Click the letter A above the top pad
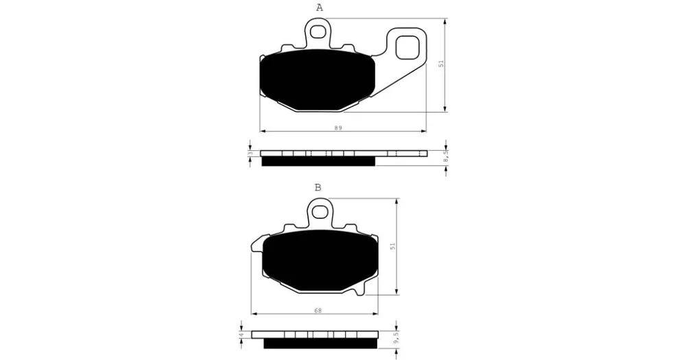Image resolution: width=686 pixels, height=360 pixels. (x=320, y=8)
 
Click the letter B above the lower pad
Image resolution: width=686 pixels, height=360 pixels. (x=318, y=188)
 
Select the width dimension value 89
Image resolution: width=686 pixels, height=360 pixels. (x=338, y=128)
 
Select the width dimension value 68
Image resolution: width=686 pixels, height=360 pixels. (x=318, y=311)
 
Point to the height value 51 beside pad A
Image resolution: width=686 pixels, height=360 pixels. (x=441, y=63)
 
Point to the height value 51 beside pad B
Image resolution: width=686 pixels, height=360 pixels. (x=393, y=246)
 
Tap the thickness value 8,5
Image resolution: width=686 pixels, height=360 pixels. (x=445, y=157)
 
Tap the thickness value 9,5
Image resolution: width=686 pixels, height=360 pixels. (x=396, y=338)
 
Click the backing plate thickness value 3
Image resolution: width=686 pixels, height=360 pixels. (x=250, y=154)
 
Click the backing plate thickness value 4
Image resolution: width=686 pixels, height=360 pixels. (x=241, y=335)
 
